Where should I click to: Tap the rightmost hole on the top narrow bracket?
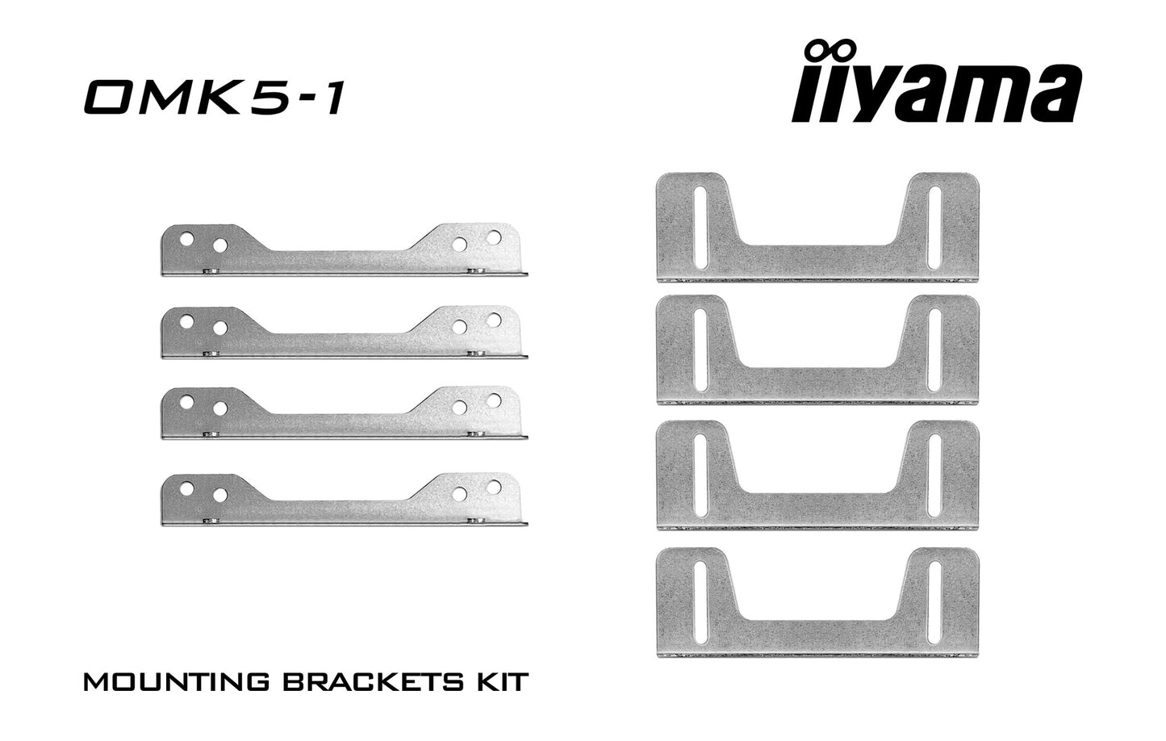494,237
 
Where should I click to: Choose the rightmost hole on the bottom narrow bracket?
494,486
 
